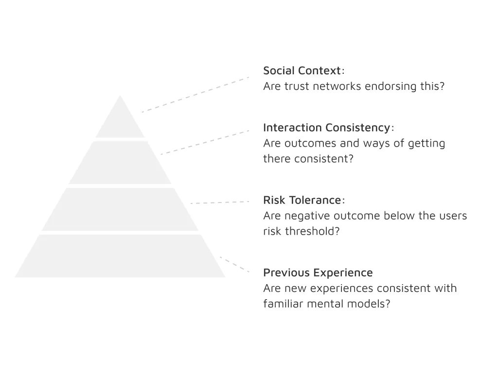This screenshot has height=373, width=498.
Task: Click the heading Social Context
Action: [x=302, y=70]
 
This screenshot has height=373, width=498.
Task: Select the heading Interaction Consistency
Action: [x=326, y=128]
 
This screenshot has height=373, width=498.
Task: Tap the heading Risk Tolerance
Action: [x=302, y=200]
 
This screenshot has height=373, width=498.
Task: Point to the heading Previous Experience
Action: [x=318, y=273]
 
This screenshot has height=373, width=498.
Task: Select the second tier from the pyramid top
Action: [x=120, y=163]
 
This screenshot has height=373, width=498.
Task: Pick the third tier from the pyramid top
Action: [x=120, y=209]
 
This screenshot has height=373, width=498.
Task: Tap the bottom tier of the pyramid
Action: [x=120, y=256]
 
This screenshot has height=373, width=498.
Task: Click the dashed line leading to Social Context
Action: [x=196, y=95]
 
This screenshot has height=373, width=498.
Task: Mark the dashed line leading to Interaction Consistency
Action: [x=205, y=142]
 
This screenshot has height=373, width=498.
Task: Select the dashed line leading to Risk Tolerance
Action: [x=220, y=203]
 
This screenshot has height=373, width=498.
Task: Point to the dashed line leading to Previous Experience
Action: [x=235, y=264]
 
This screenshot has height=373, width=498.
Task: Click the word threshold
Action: [x=313, y=231]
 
